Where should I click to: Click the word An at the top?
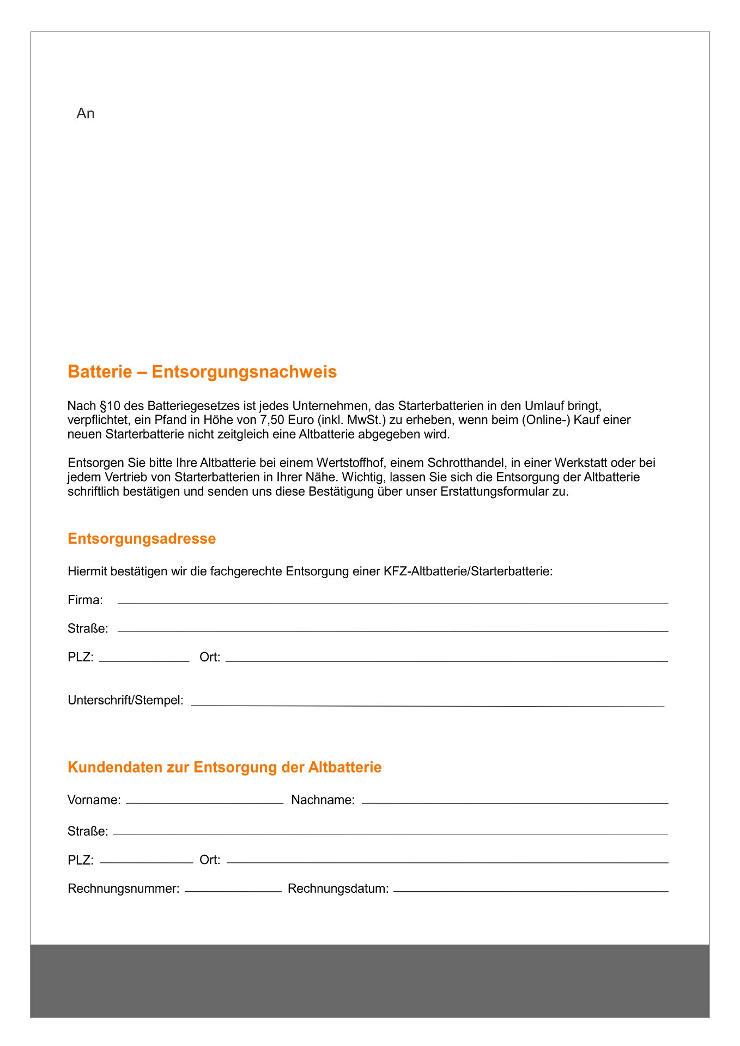(86, 113)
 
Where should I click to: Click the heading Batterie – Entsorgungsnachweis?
(202, 372)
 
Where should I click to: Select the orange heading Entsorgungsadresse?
(142, 538)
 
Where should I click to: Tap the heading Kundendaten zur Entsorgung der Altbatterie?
(225, 767)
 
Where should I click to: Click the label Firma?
(86, 600)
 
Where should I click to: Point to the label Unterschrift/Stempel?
(125, 700)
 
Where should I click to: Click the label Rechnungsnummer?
(124, 889)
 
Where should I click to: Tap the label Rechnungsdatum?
(338, 889)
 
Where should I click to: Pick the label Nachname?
(323, 800)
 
